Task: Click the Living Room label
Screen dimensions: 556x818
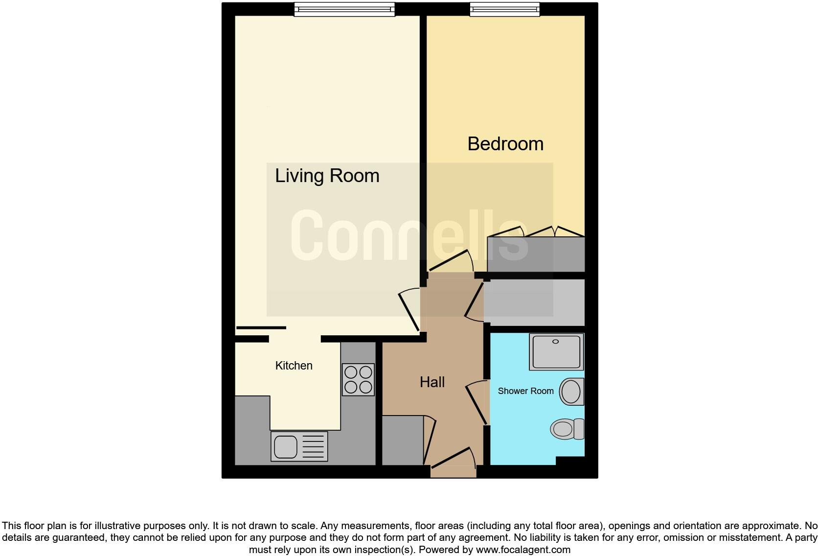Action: pyautogui.click(x=327, y=176)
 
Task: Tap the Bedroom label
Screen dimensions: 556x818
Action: pyautogui.click(x=505, y=144)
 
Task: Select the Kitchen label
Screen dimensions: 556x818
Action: pyautogui.click(x=294, y=366)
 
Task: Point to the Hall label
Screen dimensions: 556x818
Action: pyautogui.click(x=432, y=382)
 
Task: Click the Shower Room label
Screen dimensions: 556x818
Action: pyautogui.click(x=525, y=391)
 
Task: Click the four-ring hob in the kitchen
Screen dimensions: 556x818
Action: pyautogui.click(x=358, y=379)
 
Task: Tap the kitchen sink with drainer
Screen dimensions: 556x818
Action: pyautogui.click(x=299, y=446)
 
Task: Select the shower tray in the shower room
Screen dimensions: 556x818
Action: pyautogui.click(x=556, y=351)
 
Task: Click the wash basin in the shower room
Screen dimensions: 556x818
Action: pyautogui.click(x=571, y=391)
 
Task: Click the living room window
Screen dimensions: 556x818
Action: pyautogui.click(x=344, y=9)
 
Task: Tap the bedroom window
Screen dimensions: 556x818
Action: pyautogui.click(x=505, y=9)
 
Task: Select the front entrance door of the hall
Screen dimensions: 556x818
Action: pyautogui.click(x=453, y=463)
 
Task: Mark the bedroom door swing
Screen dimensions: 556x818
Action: pyautogui.click(x=451, y=261)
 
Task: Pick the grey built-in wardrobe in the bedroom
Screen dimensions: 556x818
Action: pyautogui.click(x=536, y=254)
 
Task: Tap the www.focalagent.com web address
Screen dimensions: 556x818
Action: pyautogui.click(x=523, y=550)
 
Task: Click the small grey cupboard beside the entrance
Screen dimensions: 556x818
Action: pyautogui.click(x=402, y=440)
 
